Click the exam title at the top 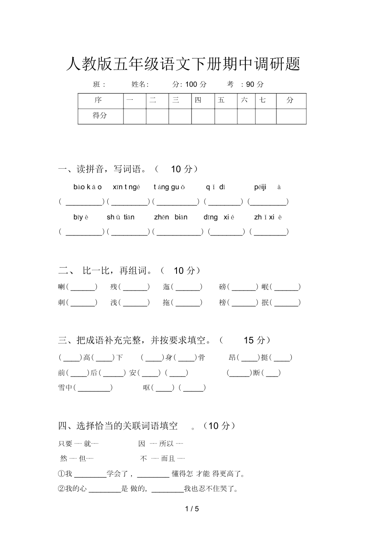pyautogui.click(x=183, y=64)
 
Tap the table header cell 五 pyautogui.click(x=221, y=101)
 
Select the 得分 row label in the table pyautogui.click(x=100, y=116)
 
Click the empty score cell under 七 pyautogui.click(x=265, y=116)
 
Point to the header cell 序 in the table pyautogui.click(x=98, y=101)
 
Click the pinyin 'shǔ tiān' pyautogui.click(x=121, y=217)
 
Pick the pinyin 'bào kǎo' pyautogui.click(x=88, y=187)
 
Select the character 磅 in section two pyautogui.click(x=222, y=287)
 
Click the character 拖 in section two pyautogui.click(x=166, y=303)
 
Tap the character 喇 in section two pyautogui.click(x=61, y=287)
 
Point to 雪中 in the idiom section pyautogui.click(x=65, y=388)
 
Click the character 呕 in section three pyautogui.click(x=147, y=388)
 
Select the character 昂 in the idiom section pyautogui.click(x=232, y=357)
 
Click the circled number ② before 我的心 pyautogui.click(x=61, y=489)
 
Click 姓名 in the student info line pyautogui.click(x=139, y=84)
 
